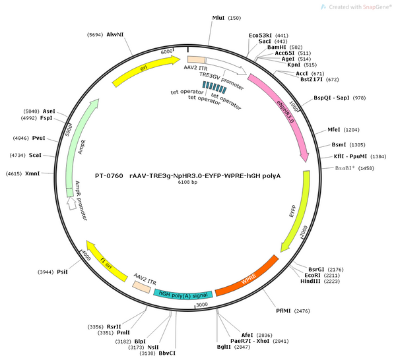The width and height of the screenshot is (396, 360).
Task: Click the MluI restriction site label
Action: click(x=218, y=18)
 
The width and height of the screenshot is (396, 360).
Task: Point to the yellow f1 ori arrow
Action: click(x=106, y=261)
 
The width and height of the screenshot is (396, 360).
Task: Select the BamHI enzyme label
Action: click(x=277, y=47)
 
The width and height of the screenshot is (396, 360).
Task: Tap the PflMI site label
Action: click(x=283, y=311)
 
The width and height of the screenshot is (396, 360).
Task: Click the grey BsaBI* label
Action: click(x=345, y=168)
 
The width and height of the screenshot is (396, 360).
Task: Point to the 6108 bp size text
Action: click(x=187, y=182)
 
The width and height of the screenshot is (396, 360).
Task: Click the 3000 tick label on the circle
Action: click(x=202, y=305)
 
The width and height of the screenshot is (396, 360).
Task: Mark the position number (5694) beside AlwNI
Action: click(x=95, y=35)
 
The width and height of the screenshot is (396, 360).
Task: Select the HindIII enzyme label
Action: click(x=310, y=281)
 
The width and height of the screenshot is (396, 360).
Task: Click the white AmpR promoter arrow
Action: click(x=72, y=203)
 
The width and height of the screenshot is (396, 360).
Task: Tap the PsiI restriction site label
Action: click(x=63, y=272)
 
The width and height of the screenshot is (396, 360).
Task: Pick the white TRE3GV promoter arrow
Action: click(x=226, y=66)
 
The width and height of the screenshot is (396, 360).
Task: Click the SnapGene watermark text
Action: click(x=360, y=7)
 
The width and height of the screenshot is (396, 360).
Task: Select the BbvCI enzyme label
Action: click(x=167, y=353)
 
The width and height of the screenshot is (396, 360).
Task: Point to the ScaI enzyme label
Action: click(x=35, y=155)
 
